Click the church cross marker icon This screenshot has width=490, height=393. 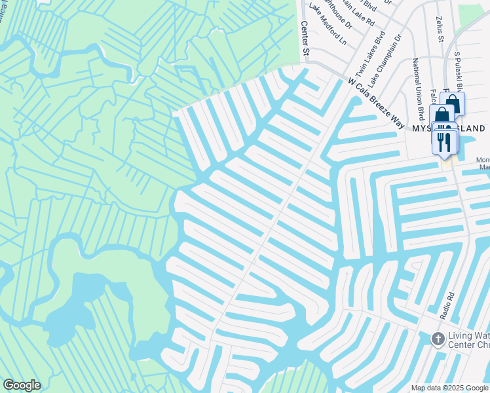pos(438,338)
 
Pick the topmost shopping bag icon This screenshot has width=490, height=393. pos(453,103)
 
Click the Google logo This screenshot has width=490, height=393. pos(22,385)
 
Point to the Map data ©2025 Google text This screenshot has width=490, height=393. pos(449,388)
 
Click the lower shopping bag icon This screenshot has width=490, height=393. pos(442,115)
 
